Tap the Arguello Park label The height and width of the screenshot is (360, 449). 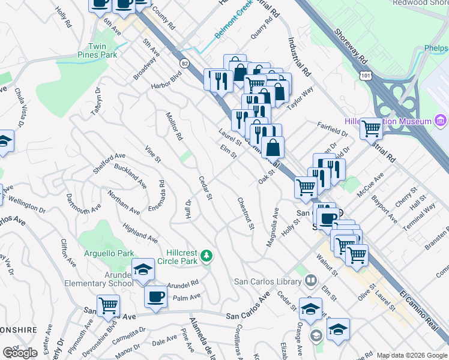click(x=109, y=254)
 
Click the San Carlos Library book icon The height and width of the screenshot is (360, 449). click(x=311, y=280)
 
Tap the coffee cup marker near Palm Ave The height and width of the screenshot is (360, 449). click(x=155, y=296)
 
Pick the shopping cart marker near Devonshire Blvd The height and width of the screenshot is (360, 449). click(x=109, y=305)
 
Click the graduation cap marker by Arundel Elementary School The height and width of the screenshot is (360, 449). click(x=143, y=270)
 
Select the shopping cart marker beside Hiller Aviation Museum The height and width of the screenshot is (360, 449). click(x=372, y=127)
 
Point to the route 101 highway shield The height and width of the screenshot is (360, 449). click(x=364, y=74)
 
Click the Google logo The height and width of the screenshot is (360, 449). click(x=20, y=353)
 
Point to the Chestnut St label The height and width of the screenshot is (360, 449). click(x=245, y=214)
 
